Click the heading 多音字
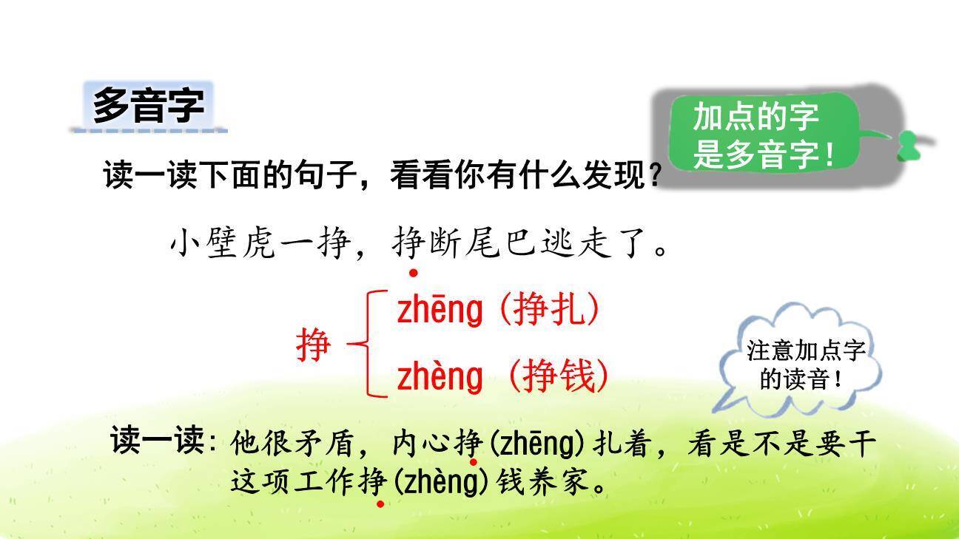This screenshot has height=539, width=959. tap(148, 106)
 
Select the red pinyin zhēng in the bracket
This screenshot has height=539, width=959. tap(439, 311)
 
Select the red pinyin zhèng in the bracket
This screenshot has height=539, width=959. tap(439, 377)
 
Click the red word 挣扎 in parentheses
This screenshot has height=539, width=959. tap(548, 311)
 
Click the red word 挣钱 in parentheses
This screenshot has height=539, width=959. tap(559, 377)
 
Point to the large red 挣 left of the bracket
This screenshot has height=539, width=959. tap(313, 345)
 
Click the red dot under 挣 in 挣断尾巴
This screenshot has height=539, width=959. tap(414, 273)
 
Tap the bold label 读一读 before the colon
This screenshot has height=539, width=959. tap(157, 441)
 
